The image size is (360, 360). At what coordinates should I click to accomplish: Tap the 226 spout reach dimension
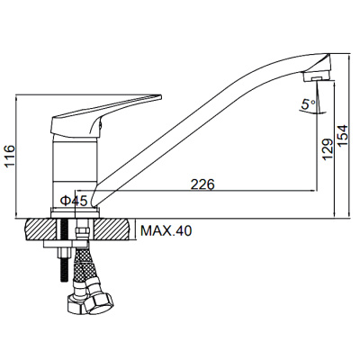(203, 184)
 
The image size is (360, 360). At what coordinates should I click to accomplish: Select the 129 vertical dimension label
(328, 149)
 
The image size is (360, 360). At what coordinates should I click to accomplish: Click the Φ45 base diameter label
(74, 201)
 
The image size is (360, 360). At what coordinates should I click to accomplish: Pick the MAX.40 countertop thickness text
(166, 230)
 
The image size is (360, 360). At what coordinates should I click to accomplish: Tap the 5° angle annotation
(309, 104)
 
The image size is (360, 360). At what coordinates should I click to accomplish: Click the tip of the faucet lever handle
(161, 97)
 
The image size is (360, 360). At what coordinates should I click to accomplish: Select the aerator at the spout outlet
(317, 76)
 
